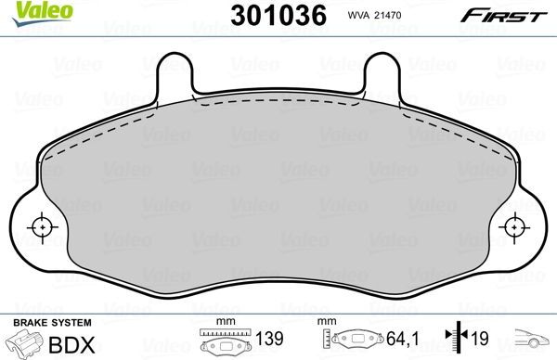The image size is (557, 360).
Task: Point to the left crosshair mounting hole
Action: pyautogui.click(x=40, y=225)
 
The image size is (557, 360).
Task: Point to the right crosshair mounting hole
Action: pyautogui.click(x=517, y=225)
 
